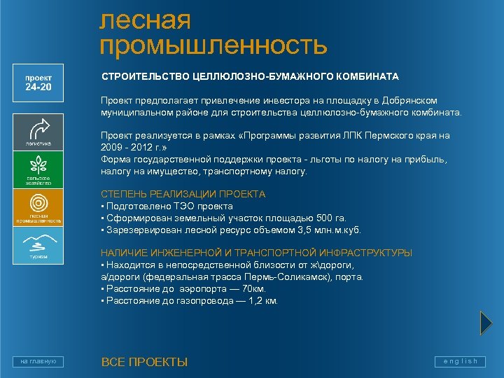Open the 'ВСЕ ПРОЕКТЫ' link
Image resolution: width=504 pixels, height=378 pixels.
click(144, 362)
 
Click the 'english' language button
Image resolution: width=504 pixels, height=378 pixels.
click(460, 361)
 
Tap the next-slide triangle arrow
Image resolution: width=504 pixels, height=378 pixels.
click(486, 322)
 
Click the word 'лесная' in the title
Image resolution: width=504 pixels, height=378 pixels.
click(146, 20)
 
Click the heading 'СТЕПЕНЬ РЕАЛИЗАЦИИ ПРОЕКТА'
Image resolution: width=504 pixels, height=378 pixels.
click(183, 194)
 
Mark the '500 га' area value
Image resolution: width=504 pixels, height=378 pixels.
click(321, 218)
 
